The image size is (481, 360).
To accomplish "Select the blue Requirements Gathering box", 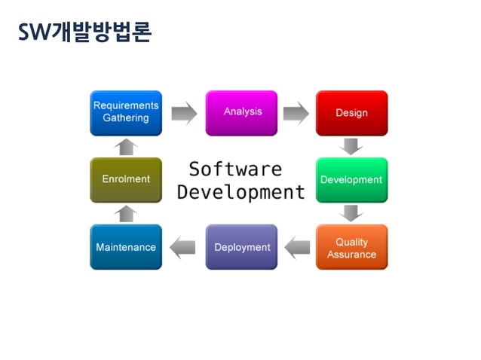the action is click(x=126, y=113).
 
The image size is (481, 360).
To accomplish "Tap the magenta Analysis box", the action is click(x=242, y=113).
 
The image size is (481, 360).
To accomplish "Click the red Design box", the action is click(x=351, y=113).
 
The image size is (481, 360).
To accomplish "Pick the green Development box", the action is click(x=351, y=180).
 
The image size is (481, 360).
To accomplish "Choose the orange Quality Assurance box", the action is click(x=351, y=247).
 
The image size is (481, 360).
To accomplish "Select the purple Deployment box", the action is click(x=242, y=247).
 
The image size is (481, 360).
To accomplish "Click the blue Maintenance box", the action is click(x=126, y=247).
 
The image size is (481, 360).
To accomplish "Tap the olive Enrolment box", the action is click(x=126, y=180).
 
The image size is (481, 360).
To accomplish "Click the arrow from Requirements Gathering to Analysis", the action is click(x=184, y=114).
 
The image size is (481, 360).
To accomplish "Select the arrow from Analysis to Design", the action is click(x=296, y=114).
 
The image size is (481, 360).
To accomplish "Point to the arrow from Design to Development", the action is click(x=351, y=146).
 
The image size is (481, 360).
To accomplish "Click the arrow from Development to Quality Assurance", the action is click(x=351, y=213).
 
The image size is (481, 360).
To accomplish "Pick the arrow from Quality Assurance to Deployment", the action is click(x=297, y=247).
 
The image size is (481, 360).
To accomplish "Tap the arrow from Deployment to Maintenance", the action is click(x=183, y=247).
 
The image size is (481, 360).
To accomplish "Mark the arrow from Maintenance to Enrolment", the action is click(x=127, y=214).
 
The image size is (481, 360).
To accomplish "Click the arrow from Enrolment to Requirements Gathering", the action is click(x=127, y=146).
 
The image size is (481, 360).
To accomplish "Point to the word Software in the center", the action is click(x=235, y=169).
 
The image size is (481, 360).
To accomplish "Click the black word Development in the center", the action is click(x=241, y=192).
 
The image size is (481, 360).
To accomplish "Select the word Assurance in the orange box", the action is click(x=351, y=255).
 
